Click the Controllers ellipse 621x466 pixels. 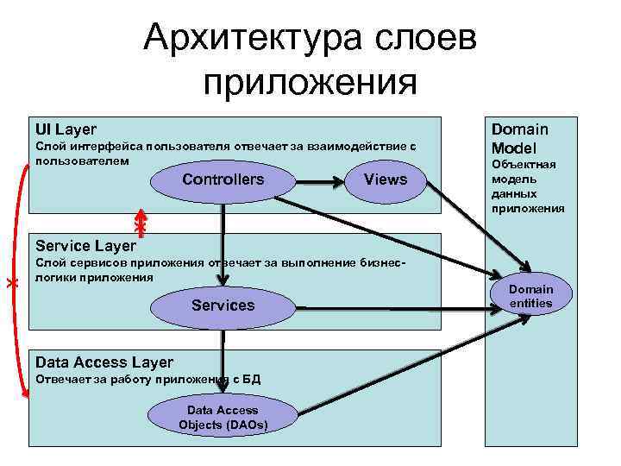pos(223,179)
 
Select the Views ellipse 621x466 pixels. pos(386,179)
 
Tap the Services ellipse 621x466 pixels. pos(223,305)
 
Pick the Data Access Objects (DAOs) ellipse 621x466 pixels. pos(223,418)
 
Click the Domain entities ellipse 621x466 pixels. pos(530,296)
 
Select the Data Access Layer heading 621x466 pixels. pos(104,362)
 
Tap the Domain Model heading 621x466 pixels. pos(520,138)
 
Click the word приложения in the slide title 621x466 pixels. pos(310,83)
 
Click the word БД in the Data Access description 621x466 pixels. pos(251,380)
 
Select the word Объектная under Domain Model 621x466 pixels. pos(524,164)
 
